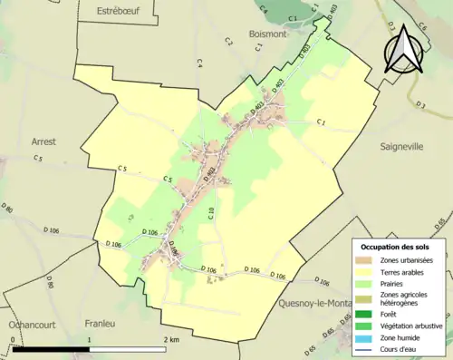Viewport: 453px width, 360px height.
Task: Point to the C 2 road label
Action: pyautogui.click(x=228, y=42)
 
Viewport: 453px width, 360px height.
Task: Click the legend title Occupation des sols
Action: pyautogui.click(x=396, y=246)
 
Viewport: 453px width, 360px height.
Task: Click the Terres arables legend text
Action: pyautogui.click(x=404, y=272)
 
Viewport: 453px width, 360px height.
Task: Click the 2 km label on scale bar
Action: pyautogui.click(x=171, y=339)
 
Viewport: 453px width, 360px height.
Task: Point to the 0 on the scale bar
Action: pyautogui.click(x=13, y=339)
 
